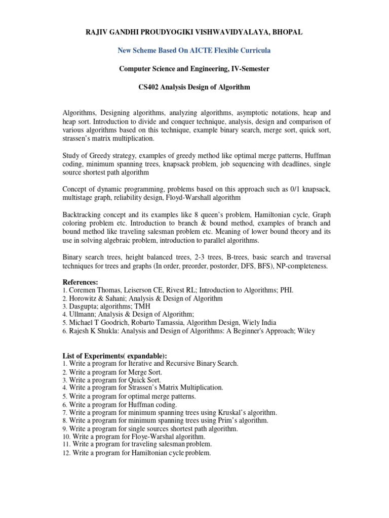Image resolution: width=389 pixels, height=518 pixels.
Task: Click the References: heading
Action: [x=81, y=282]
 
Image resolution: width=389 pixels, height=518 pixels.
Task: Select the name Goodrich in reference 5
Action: [x=110, y=323]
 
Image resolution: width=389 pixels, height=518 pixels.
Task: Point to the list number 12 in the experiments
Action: [x=66, y=453]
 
